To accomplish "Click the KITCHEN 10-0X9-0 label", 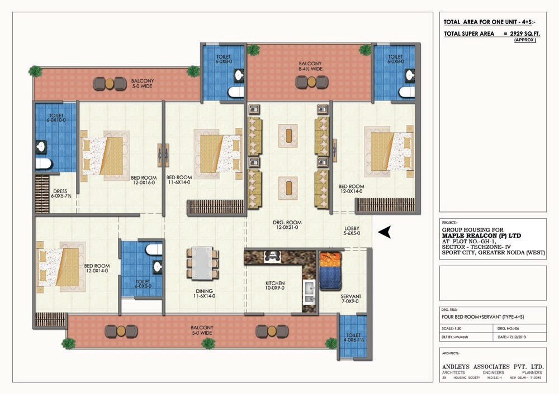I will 275,286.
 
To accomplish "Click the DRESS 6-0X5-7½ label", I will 59,194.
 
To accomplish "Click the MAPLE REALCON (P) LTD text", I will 481,236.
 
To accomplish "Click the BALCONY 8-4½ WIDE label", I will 310,66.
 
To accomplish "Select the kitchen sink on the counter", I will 309,287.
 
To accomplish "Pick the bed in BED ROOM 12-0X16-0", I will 105,156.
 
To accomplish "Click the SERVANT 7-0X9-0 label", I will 351,299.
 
